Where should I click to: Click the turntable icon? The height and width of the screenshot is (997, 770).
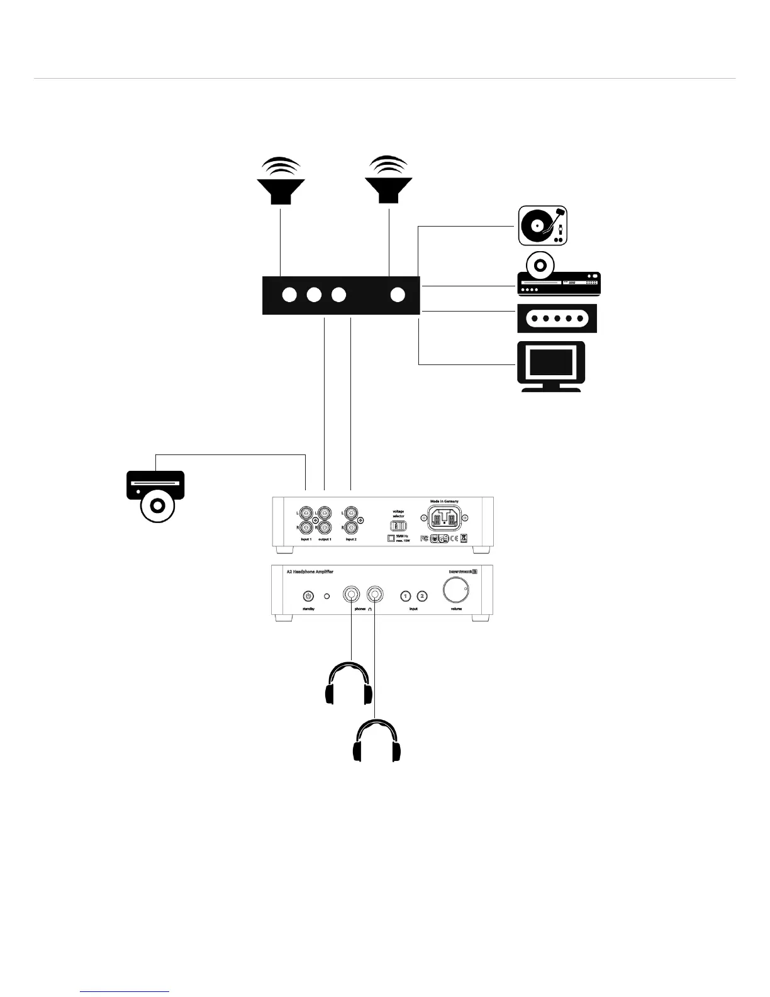(542, 225)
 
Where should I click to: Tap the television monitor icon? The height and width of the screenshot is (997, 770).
(551, 366)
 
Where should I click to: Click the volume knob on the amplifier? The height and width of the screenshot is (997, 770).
(455, 591)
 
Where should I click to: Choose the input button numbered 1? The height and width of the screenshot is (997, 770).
(406, 595)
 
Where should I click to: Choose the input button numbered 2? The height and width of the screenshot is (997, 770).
(423, 595)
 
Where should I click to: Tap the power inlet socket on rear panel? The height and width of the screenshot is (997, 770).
(444, 520)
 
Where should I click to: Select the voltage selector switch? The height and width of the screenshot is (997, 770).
(398, 526)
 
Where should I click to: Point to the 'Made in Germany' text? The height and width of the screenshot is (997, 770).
(444, 502)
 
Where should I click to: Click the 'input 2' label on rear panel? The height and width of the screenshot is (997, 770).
(350, 539)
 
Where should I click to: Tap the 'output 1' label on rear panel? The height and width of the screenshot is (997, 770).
(325, 539)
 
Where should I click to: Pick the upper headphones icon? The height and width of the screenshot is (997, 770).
(349, 684)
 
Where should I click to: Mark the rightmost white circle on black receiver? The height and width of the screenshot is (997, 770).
(397, 294)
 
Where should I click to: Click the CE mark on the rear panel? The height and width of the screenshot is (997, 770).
(454, 539)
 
